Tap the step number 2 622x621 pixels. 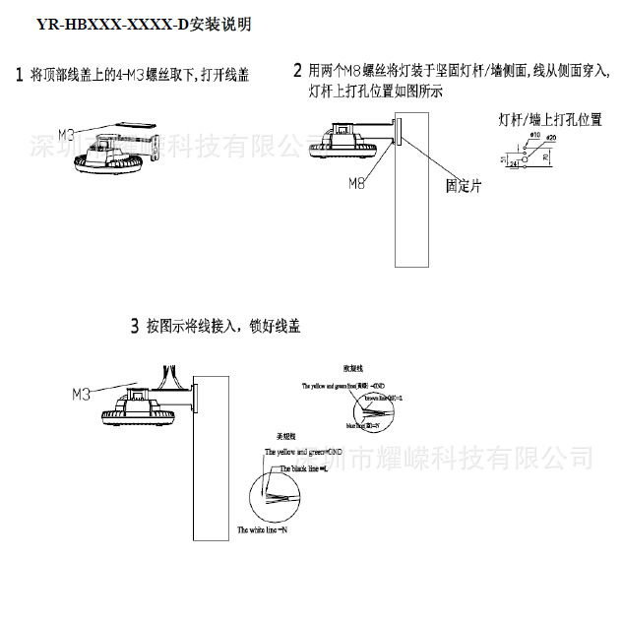[297, 71]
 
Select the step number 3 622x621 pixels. [134, 326]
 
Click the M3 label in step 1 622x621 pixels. [67, 132]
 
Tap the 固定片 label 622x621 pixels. [463, 183]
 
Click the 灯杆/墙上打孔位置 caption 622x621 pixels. [550, 119]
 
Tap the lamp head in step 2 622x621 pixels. [343, 144]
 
